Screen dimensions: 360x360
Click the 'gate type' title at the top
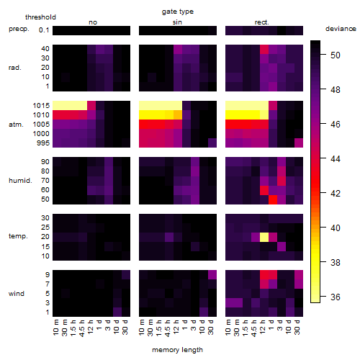pos(178,12)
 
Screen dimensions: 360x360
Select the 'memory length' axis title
pos(177,350)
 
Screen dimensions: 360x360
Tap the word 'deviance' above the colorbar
pos(341,29)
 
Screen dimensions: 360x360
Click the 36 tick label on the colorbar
pos(336,297)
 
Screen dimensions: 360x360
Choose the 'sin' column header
pos(177,22)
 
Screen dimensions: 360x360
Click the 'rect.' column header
pos(261,22)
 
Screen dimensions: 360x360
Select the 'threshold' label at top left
pos(40,17)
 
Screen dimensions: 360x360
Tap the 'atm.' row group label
pos(16,125)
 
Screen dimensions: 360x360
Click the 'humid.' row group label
pos(20,180)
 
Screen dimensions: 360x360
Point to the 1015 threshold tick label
pos(41,105)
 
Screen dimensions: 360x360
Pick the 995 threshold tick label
pos(43,143)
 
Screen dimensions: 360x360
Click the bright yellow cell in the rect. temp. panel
pos(264,237)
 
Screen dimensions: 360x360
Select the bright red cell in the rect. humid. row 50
pos(273,199)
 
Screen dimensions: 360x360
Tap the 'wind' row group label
pos(17,293)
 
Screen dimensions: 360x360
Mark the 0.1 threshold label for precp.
pos(44,30)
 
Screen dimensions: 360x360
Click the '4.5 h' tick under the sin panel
pos(168,328)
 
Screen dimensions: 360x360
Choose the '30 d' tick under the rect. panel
pos(297,327)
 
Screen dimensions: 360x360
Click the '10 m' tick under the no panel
pos(55,328)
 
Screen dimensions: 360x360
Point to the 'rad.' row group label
pos(15,68)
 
